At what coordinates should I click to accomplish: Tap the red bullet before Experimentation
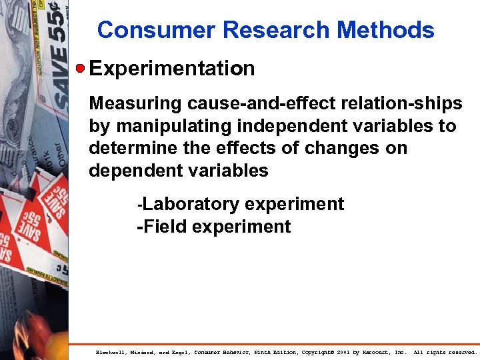tap(80, 68)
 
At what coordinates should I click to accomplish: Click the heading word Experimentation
tap(171, 69)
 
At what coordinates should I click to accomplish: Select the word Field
tap(163, 227)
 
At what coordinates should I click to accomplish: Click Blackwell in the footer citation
tap(111, 351)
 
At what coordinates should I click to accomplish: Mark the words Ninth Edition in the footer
tap(273, 351)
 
